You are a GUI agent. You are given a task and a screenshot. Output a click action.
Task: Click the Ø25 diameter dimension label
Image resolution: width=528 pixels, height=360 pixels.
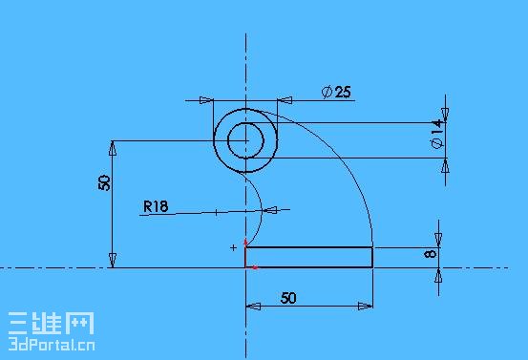[x=336, y=92]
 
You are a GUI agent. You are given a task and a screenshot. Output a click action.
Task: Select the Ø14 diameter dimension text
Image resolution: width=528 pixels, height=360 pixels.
[x=437, y=134]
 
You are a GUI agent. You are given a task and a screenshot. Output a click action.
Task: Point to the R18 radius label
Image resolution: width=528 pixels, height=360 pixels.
[x=156, y=206]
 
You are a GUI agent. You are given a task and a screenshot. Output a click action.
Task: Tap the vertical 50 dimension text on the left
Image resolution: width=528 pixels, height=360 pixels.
[x=104, y=182]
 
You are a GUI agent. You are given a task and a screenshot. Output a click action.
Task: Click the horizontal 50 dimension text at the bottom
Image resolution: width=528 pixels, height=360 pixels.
[x=288, y=298]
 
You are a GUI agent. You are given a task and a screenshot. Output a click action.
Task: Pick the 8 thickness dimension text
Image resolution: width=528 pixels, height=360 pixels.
[x=431, y=253]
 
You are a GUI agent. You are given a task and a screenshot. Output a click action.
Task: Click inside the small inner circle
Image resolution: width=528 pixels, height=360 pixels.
[x=245, y=140]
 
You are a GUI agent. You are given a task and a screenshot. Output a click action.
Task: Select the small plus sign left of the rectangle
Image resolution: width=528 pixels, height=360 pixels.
[x=233, y=248]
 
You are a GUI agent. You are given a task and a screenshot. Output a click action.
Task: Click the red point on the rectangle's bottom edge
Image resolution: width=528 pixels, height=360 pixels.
[x=255, y=267]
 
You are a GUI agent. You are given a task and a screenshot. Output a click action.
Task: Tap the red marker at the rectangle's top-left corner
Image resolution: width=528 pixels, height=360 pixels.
[x=245, y=243]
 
